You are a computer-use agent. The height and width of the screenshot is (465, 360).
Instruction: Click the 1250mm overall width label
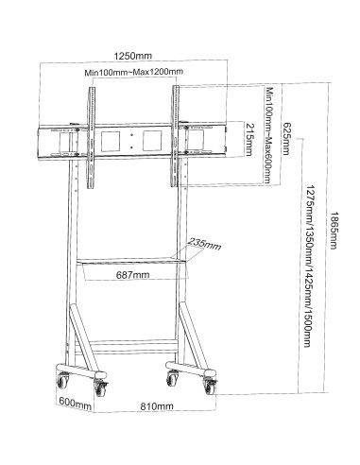132,56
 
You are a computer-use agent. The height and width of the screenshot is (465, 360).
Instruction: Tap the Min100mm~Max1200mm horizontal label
133,72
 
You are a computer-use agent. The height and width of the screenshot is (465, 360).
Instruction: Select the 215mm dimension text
249,140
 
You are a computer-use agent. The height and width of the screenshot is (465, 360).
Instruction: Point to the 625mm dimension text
285,139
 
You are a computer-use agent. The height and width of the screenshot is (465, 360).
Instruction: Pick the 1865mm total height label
334,230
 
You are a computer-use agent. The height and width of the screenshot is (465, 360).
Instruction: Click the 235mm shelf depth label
205,244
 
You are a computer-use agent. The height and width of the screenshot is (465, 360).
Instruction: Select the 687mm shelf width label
133,275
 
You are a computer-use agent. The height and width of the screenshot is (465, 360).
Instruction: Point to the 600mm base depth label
76,403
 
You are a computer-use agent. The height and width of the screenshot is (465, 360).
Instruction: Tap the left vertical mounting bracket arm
91,138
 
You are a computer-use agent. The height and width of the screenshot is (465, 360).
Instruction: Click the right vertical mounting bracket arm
175,136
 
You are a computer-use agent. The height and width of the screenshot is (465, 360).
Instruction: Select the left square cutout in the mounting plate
111,142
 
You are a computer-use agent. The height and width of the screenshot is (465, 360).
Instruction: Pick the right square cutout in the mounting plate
152,141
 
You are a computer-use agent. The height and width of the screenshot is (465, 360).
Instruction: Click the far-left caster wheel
62,380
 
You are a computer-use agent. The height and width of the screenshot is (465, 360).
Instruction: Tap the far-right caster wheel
211,386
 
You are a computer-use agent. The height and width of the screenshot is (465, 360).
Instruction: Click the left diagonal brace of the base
82,336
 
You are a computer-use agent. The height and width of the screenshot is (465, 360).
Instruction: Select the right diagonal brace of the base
194,336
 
